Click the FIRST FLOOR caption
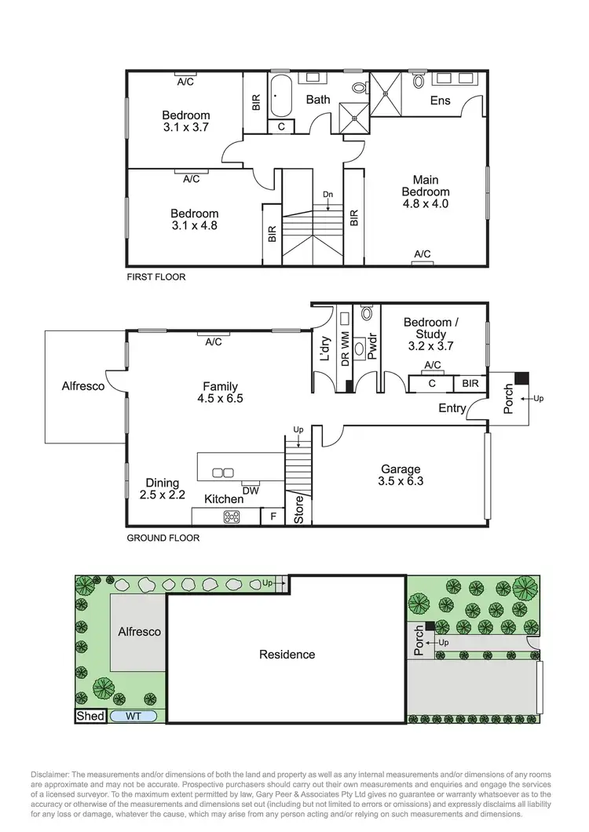point(156,277)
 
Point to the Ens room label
point(440,100)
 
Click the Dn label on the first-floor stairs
point(327,195)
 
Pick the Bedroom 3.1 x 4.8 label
point(194,219)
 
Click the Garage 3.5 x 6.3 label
point(401,476)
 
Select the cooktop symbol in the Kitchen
point(232,516)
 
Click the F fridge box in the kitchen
point(273,516)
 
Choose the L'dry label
point(324,348)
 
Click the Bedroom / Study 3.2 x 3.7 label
point(428,334)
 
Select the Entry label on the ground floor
point(452,408)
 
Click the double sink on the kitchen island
point(223,473)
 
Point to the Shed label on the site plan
point(89,717)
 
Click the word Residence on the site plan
point(287,654)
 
